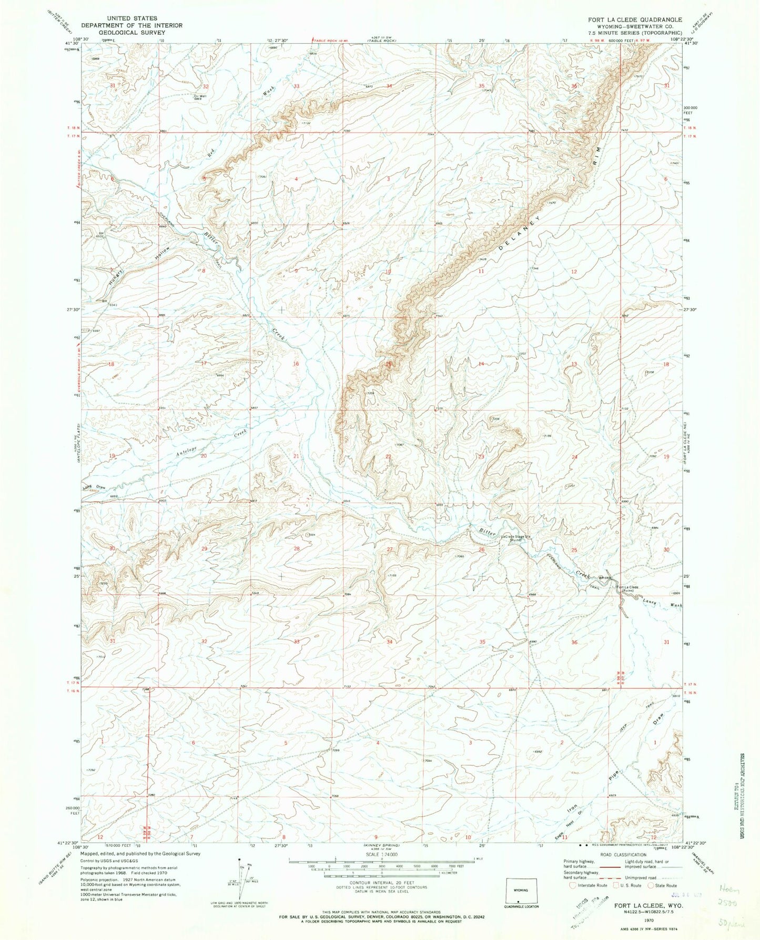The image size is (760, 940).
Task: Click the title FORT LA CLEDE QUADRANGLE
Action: click(x=627, y=19)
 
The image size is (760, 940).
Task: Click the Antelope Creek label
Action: click(x=210, y=444)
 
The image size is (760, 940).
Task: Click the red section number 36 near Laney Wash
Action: click(x=574, y=642)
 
